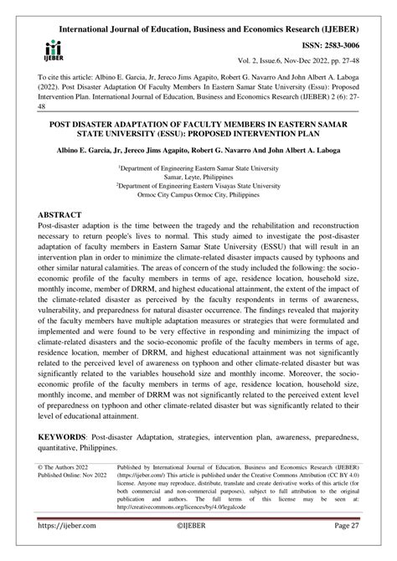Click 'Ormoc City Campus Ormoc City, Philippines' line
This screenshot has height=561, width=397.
[198, 197]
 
